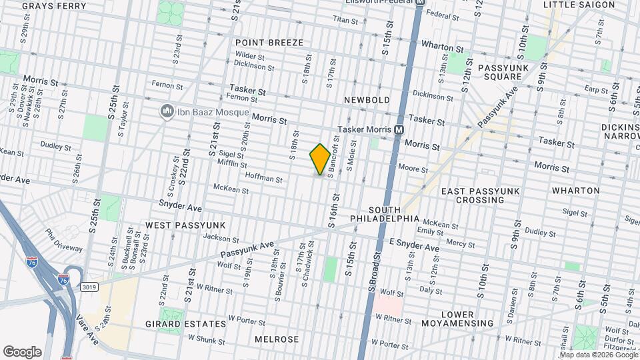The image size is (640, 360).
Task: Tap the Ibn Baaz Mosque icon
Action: pos(167,111)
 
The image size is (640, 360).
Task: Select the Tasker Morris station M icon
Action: pos(399,129)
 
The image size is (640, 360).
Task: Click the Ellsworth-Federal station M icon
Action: pos(420,3)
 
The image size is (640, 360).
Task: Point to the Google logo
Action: pos(22,351)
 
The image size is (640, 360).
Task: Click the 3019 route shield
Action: pos(89,287)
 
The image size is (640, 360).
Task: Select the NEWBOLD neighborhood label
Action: pos(366,100)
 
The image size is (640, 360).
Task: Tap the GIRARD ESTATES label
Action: pos(186,324)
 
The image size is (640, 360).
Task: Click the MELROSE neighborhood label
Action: pos(277,339)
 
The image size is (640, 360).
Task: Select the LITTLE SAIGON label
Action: pos(579,5)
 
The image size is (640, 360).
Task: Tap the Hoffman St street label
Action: pos(264,178)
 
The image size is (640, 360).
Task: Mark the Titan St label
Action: pos(346,20)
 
